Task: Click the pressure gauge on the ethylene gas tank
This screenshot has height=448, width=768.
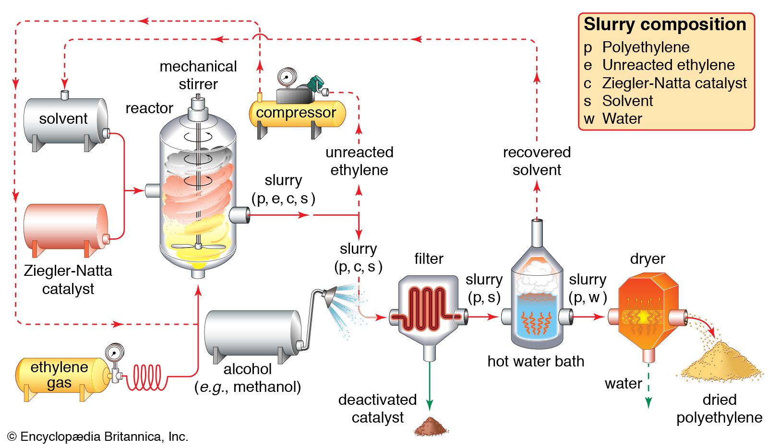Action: [x=114, y=353]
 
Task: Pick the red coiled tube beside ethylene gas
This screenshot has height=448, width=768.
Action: [x=147, y=377]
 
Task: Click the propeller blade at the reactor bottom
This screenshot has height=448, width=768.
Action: [x=198, y=247]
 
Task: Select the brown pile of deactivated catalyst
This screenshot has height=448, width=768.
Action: [x=431, y=426]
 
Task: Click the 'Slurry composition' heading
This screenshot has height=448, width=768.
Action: [x=665, y=24]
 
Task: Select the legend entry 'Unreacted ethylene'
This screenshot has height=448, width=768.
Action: [x=668, y=65]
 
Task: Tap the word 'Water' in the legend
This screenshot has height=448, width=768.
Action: [x=622, y=118]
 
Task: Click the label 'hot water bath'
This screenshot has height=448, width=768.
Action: [x=536, y=361]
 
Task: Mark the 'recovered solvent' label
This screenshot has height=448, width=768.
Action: [x=537, y=161]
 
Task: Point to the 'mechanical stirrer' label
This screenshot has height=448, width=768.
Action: [x=198, y=75]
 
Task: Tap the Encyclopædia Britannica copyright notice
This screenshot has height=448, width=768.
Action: [x=98, y=436]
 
